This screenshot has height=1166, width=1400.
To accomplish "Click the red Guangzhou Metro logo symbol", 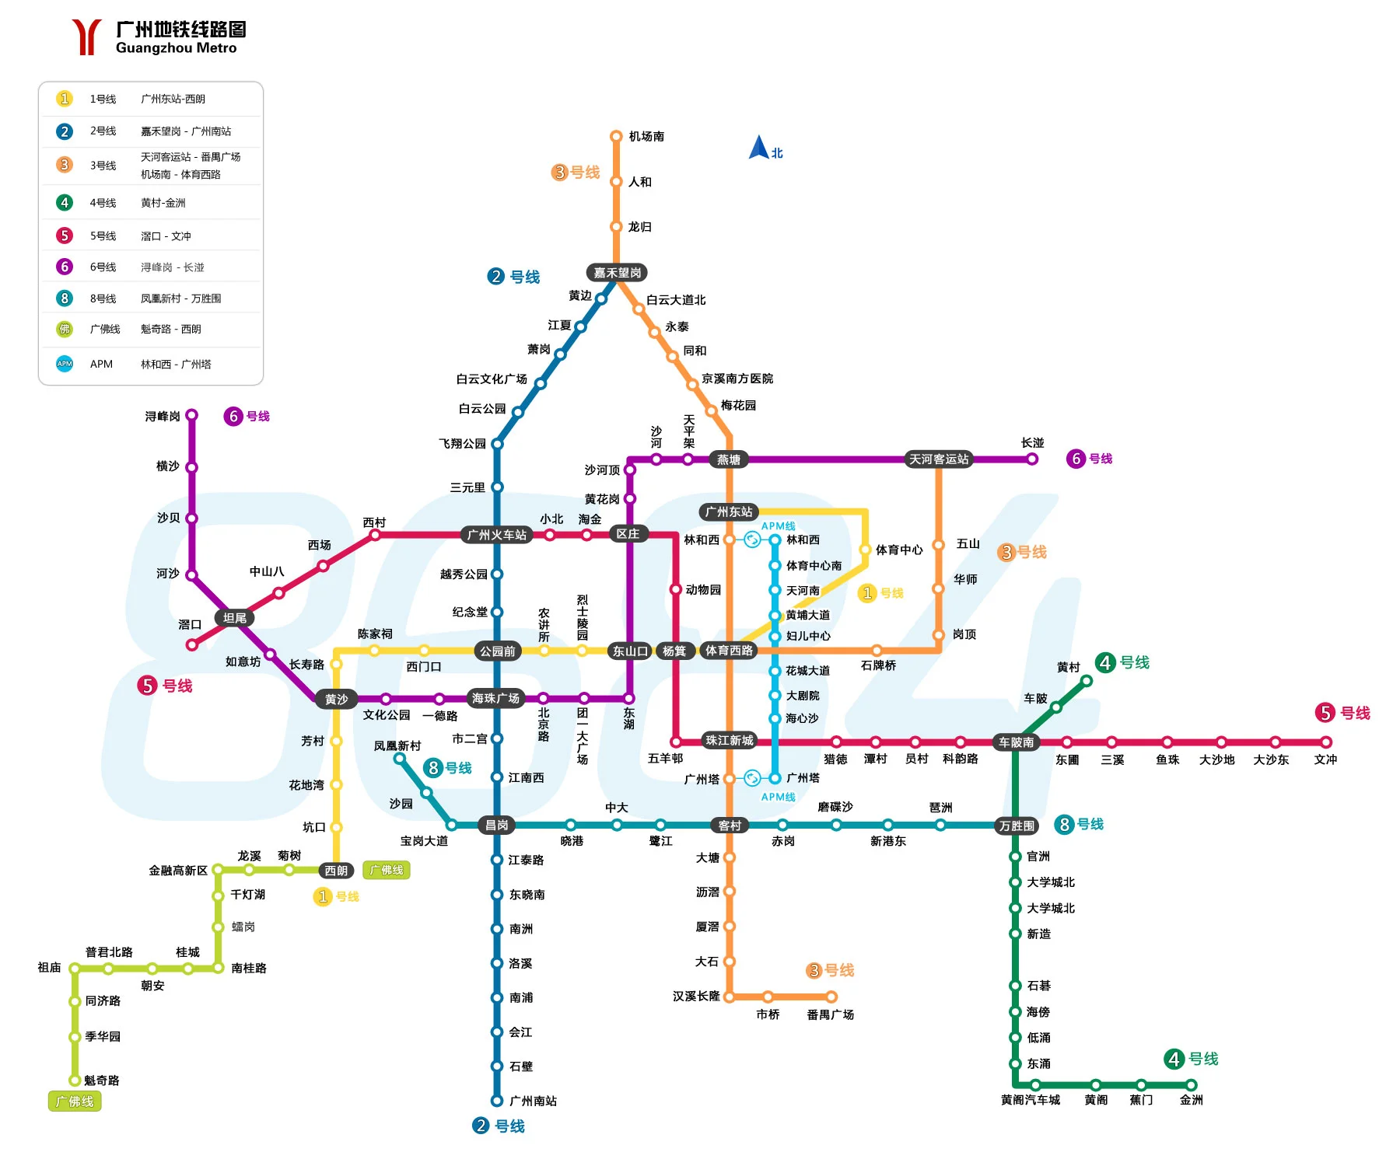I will (x=86, y=37).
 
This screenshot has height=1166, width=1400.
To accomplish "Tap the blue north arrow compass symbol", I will (x=758, y=148).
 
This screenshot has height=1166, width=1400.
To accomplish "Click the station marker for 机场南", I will (x=616, y=136).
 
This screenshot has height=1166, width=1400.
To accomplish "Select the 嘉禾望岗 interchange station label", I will (x=617, y=273).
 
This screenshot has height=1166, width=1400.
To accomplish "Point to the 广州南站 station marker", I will (x=497, y=1101).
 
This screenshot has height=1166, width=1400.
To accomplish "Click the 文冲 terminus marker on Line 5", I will (x=1326, y=742).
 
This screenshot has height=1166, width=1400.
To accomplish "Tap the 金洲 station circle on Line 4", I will (x=1192, y=1085).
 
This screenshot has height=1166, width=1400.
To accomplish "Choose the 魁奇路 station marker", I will (x=75, y=1080).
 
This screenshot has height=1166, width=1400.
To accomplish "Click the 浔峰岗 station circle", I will (x=191, y=415).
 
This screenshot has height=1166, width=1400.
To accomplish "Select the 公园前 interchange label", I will (x=497, y=651).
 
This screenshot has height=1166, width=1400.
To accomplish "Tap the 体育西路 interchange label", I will (x=729, y=651).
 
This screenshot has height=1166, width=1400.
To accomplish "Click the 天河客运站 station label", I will (x=939, y=459).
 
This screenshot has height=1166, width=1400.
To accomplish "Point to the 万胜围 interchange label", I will (x=1017, y=826).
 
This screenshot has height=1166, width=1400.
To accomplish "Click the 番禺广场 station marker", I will (x=831, y=997).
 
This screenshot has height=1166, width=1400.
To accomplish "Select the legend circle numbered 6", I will (x=65, y=267).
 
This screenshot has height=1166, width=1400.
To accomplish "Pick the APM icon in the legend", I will (x=65, y=364).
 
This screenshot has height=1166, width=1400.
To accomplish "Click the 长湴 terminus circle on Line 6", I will (x=1032, y=459).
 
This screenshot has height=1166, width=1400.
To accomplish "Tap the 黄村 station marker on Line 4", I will (x=1087, y=681).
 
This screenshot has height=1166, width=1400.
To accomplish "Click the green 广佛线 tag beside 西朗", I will (x=387, y=871).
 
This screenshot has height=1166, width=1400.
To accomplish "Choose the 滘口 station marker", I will (x=192, y=644).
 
